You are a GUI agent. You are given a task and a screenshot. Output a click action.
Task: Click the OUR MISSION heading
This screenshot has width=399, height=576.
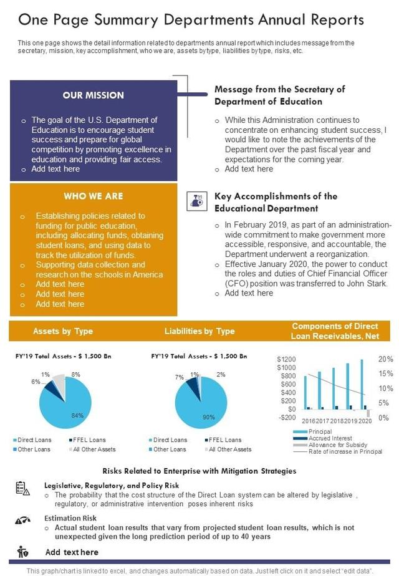click(x=94, y=95)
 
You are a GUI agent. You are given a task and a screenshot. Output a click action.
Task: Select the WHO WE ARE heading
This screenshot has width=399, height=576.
click(x=93, y=196)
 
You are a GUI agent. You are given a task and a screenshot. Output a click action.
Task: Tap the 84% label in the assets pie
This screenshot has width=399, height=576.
click(x=77, y=415)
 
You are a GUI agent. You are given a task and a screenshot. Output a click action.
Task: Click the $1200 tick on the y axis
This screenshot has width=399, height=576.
click(x=287, y=360)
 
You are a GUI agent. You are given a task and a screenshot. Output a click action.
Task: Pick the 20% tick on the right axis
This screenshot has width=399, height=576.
click(x=385, y=360)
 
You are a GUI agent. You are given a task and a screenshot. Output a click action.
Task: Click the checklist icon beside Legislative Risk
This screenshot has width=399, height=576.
click(x=22, y=488)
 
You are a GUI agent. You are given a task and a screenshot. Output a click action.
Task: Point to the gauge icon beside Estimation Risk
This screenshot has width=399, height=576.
click(x=22, y=521)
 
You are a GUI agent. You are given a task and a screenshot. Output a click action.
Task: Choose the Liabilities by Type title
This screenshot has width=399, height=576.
click(x=199, y=331)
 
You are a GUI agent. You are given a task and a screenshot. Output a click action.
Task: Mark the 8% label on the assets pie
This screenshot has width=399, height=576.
click(x=76, y=375)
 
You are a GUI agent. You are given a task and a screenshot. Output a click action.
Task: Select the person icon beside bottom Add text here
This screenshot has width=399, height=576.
click(x=22, y=552)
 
